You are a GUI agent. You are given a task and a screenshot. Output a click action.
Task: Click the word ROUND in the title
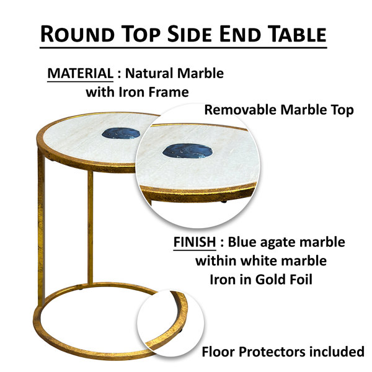[77, 34]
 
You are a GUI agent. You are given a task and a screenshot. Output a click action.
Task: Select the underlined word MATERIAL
[80, 73]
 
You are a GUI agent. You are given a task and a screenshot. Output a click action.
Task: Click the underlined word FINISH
[195, 242]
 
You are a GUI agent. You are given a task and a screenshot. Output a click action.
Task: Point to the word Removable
[241, 110]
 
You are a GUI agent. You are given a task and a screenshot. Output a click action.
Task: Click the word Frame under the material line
[169, 92]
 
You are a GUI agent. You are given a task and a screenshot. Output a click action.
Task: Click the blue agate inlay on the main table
[121, 133]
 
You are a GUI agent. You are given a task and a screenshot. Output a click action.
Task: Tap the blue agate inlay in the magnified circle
[187, 151]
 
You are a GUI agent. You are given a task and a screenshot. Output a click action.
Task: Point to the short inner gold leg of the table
[90, 228]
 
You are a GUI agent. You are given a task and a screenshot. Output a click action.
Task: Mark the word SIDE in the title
[190, 34]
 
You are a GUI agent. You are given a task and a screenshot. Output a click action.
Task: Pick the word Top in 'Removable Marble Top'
[343, 110]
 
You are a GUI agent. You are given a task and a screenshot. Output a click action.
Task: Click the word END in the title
[240, 34]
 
